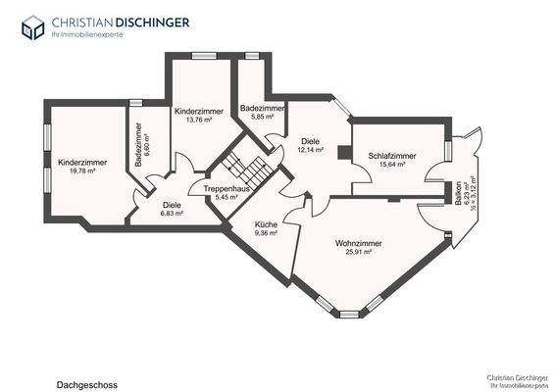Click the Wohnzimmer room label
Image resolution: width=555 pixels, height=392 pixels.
coord(358,242)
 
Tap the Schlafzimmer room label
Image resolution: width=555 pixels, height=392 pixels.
coord(392,156)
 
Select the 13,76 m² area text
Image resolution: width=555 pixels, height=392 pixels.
coord(199,121)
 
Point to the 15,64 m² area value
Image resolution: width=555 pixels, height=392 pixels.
coord(392,165)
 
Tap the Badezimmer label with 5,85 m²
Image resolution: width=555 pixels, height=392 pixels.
coord(263,108)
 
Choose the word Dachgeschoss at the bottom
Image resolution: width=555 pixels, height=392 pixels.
coord(86,385)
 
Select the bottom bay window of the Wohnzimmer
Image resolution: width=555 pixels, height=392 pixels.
coord(349,315)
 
